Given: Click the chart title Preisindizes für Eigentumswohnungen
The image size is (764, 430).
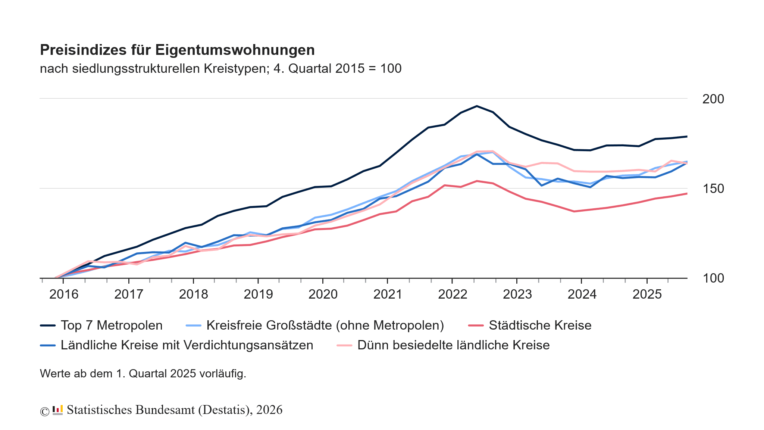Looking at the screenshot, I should [177, 50].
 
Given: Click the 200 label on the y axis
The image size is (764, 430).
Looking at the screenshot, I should [713, 99].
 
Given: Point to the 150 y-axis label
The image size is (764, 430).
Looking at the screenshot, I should [713, 189].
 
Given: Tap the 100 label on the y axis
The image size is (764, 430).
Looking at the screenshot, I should [713, 278].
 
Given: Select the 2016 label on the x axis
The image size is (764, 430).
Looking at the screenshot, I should [64, 295].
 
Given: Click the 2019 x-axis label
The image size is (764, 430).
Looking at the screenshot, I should [258, 295].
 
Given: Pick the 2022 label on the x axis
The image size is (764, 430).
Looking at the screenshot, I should [453, 295].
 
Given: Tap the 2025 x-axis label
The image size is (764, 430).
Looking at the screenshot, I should [647, 295].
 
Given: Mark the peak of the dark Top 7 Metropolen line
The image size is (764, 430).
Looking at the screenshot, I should [477, 106].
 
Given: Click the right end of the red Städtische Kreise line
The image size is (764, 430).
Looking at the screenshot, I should [686, 194].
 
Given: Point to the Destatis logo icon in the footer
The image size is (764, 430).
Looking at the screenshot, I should [57, 410].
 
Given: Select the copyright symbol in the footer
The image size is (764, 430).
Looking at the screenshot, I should [44, 411].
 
